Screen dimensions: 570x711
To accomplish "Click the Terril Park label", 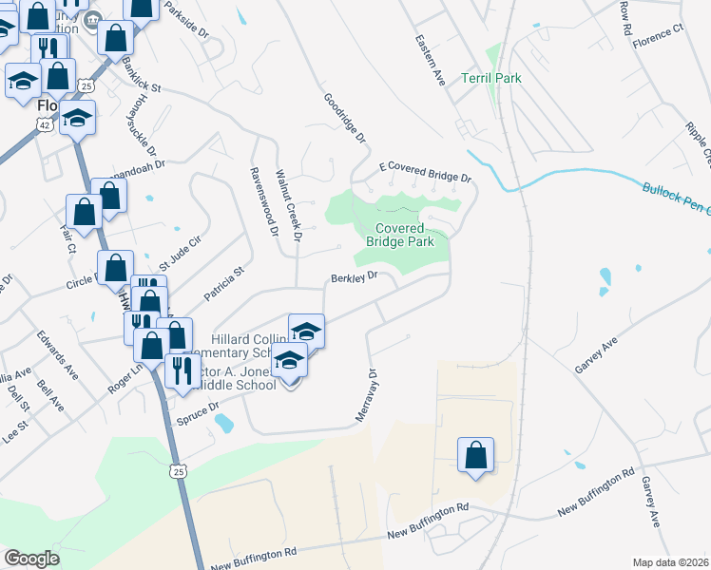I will [x=491, y=79].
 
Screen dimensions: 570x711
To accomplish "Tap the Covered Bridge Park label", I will [x=405, y=235].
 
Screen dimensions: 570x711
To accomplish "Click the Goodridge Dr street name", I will [x=344, y=118].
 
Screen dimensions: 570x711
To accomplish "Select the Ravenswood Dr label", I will [x=262, y=202].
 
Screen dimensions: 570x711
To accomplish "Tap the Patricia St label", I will [x=225, y=282].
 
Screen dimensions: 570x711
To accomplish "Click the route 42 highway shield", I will [x=46, y=124].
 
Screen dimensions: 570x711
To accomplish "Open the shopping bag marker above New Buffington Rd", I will [x=475, y=455].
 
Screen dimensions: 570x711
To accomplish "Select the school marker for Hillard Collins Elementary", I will [x=306, y=331].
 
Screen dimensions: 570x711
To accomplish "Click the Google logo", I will [x=31, y=559].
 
